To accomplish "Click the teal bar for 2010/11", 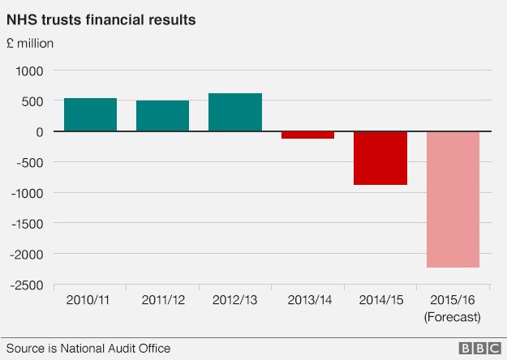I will pyautogui.click(x=90, y=114).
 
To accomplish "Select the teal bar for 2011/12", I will pyautogui.click(x=162, y=116).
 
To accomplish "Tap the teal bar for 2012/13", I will pyautogui.click(x=235, y=112).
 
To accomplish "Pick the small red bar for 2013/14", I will pyautogui.click(x=307, y=135).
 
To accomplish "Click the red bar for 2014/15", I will pyautogui.click(x=380, y=158).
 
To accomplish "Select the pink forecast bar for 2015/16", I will pyautogui.click(x=453, y=199).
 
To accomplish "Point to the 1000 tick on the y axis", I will pyautogui.click(x=29, y=71).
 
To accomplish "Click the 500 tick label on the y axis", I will pyautogui.click(x=33, y=101).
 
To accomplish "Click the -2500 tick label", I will pyautogui.click(x=27, y=285).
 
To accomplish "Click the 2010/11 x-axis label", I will pyautogui.click(x=90, y=300).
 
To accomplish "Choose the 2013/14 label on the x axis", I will pyautogui.click(x=307, y=300).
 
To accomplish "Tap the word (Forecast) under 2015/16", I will pyautogui.click(x=453, y=316).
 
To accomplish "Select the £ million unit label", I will pyautogui.click(x=30, y=43).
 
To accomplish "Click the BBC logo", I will pyautogui.click(x=479, y=348).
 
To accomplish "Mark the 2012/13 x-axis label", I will pyautogui.click(x=235, y=300).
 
